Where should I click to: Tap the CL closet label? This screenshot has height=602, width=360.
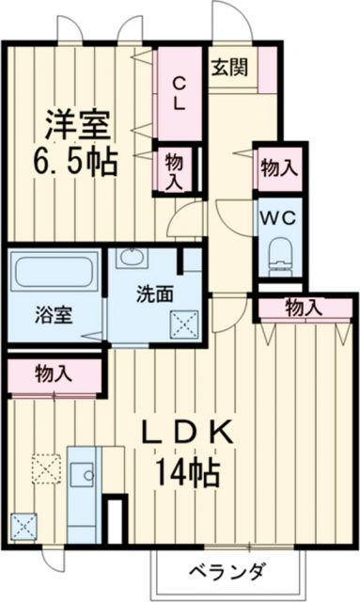pos(178,91)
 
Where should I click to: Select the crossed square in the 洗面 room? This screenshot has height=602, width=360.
pos(181,323)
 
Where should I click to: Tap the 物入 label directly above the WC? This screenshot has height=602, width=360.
pos(279,168)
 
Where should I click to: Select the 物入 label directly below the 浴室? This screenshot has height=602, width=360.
pos(52,372)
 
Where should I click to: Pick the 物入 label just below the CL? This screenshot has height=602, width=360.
pos(174,169)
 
